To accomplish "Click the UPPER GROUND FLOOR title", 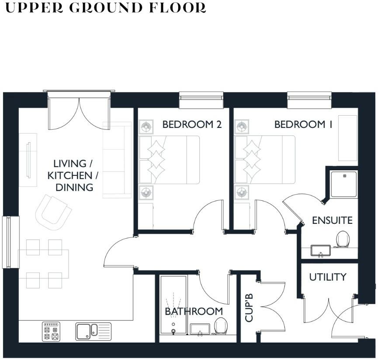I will pos(105,8).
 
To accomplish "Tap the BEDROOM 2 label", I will pos(192,124).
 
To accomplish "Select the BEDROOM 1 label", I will pos(303,124).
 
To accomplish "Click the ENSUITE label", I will pos(332,220).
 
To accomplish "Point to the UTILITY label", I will pos(328,277).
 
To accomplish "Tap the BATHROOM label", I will pos(194,312).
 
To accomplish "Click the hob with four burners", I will pos(51,332).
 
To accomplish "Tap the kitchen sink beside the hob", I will pos(93,332).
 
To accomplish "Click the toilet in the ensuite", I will pos(343,239).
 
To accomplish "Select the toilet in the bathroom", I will pos(221,325).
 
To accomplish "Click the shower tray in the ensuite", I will pos(344,184).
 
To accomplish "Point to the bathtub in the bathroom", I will pos(173,305).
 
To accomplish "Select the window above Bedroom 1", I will pos(309,100).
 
